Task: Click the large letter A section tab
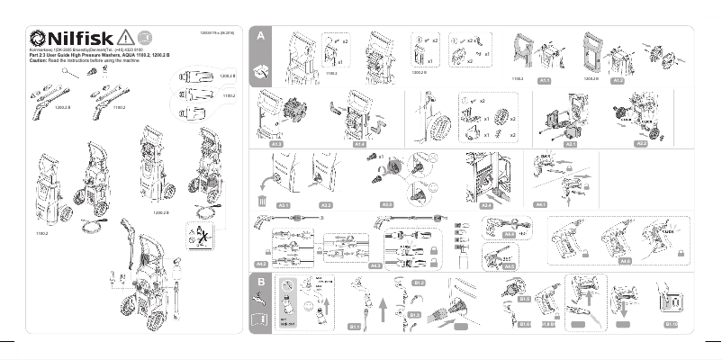pyautogui.click(x=259, y=36)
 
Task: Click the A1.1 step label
pyautogui.click(x=544, y=81)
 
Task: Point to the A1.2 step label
pyautogui.click(x=618, y=81)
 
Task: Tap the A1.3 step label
pyautogui.click(x=276, y=143)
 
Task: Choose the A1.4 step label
pyautogui.click(x=359, y=143)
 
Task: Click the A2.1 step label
pyautogui.click(x=570, y=143)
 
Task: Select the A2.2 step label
pyautogui.click(x=641, y=143)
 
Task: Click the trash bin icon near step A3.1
pyautogui.click(x=263, y=202)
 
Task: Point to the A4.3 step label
pyautogui.click(x=376, y=265)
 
